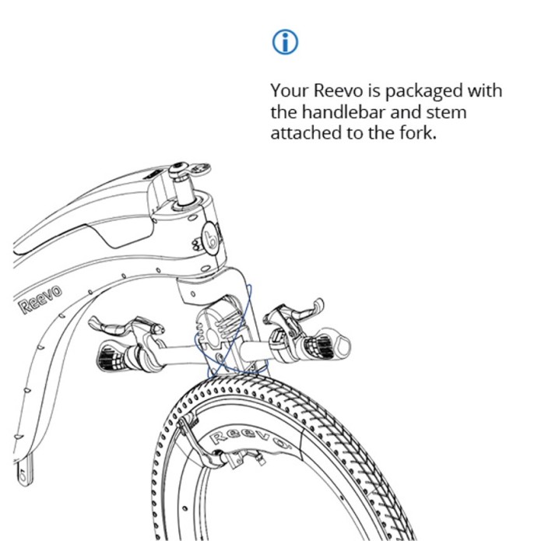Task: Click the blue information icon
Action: (x=285, y=42)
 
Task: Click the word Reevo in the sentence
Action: (x=338, y=91)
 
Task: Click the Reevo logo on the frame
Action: (x=40, y=300)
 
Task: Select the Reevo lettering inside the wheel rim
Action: (x=250, y=440)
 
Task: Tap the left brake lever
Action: (x=125, y=326)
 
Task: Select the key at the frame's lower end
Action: (x=24, y=469)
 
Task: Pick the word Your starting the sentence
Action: (x=290, y=91)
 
